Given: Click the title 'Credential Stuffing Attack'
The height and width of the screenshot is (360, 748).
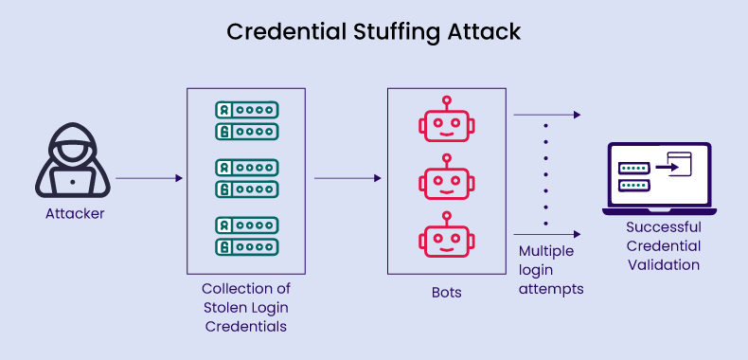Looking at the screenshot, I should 374,32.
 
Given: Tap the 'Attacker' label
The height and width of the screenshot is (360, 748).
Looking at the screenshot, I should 75,214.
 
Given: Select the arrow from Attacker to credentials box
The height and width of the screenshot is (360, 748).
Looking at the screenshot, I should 149,178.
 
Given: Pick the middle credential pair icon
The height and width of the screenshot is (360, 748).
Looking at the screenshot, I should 246,178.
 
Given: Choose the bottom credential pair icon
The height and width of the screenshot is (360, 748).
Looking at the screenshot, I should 246,236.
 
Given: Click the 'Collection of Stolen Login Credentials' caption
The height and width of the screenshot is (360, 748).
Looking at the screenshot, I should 246,307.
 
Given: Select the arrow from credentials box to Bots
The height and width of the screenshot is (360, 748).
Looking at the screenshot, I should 347,178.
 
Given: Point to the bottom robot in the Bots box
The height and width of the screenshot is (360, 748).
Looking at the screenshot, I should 444,236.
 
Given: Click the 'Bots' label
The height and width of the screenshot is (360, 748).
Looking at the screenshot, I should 444,293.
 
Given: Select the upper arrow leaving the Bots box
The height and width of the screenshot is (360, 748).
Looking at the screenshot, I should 546,115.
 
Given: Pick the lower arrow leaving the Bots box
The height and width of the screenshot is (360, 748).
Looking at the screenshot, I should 546,233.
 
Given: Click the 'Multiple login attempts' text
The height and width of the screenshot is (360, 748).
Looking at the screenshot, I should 550,271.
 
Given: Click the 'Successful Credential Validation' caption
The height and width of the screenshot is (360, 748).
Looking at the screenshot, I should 663,246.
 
